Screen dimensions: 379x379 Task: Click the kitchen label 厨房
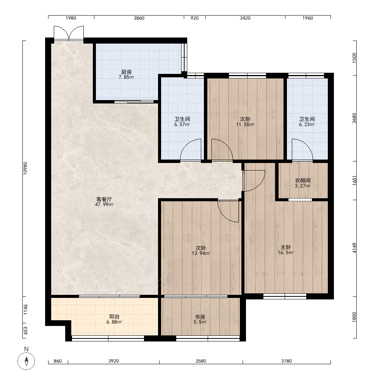[127, 72]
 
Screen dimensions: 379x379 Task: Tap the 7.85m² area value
[127, 77]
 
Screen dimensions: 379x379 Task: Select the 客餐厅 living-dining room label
[104, 199]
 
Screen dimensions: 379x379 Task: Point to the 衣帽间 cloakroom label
[303, 180]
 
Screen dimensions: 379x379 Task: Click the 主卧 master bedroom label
[286, 247]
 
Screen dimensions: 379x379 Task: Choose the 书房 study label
[200, 316]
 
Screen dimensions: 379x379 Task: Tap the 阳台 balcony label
[114, 316]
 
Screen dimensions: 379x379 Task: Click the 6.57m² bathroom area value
[182, 125]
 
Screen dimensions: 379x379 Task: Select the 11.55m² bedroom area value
[245, 125]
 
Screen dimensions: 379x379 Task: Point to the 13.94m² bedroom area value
[201, 254]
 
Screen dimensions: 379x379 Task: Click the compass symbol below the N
[27, 361]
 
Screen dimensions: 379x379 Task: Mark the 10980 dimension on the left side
[25, 168]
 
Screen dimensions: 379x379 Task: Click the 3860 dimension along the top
[139, 18]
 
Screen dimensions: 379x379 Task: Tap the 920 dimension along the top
[194, 18]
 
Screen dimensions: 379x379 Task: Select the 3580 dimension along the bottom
[201, 361]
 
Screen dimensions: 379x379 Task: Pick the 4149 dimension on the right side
[354, 248]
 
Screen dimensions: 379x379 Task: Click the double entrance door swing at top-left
[69, 33]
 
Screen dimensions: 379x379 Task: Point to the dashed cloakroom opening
[300, 200]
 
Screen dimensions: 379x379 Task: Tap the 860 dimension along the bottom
[58, 361]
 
